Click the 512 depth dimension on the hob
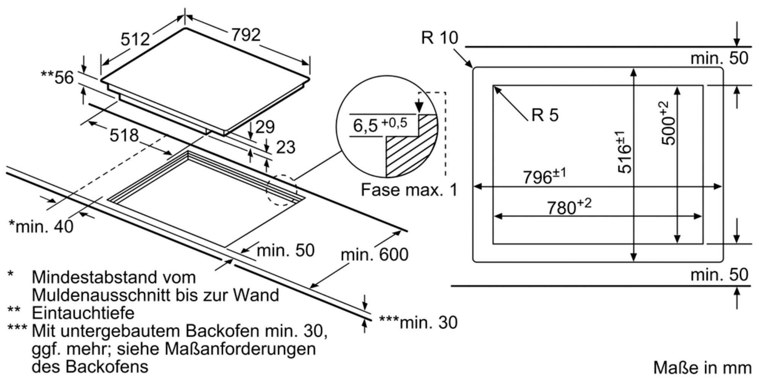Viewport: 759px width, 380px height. [135, 39]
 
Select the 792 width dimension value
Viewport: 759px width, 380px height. [246, 35]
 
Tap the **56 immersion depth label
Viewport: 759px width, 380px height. [57, 78]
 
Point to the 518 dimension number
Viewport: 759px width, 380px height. [124, 135]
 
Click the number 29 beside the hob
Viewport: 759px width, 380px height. [265, 127]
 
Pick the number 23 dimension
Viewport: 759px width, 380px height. [285, 147]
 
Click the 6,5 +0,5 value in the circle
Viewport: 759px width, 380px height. [379, 125]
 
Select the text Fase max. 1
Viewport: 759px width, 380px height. [409, 190]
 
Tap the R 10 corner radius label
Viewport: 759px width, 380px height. [439, 38]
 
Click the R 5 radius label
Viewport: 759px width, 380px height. [545, 115]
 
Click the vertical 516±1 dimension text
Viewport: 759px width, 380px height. [624, 152]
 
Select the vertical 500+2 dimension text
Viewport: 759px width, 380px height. [669, 123]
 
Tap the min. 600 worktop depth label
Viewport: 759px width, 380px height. [374, 255]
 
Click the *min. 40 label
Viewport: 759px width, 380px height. [41, 227]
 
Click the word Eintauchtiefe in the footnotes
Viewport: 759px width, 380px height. [83, 313]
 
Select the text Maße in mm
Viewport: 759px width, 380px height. [702, 368]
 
